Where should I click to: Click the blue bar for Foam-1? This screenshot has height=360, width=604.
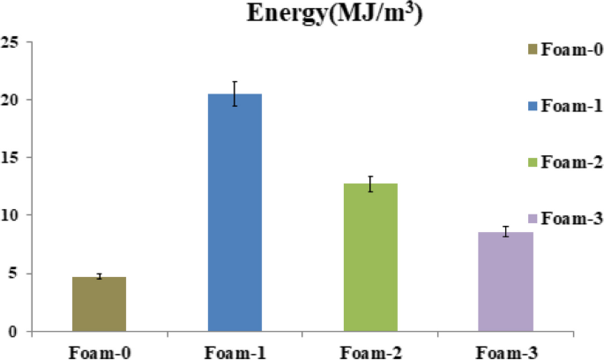(x=234, y=212)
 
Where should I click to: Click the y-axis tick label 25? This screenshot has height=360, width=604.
(x=11, y=41)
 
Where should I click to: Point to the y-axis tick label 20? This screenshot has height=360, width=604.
(x=11, y=100)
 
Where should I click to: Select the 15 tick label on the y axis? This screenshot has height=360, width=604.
(x=11, y=157)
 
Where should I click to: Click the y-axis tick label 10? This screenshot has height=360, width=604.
(x=11, y=215)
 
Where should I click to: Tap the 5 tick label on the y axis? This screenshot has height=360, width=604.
(x=14, y=274)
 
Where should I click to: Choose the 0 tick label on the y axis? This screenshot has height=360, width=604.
(x=14, y=332)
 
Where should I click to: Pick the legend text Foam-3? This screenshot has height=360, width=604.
(x=570, y=219)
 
